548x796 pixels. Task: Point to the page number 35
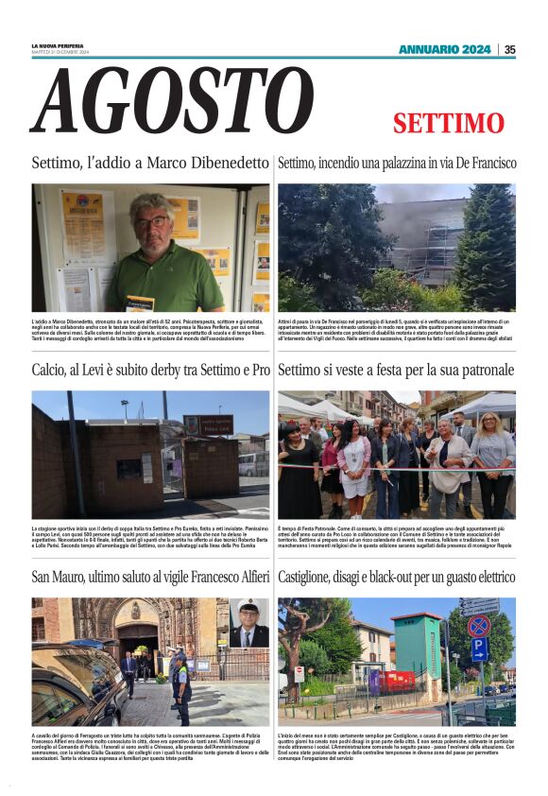[509, 49]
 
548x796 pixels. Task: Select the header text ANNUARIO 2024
[444, 49]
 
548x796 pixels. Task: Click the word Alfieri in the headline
[246, 577]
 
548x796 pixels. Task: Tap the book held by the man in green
[139, 303]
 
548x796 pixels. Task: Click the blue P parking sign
[479, 649]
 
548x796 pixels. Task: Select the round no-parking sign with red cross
[479, 626]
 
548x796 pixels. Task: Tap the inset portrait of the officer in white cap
[248, 623]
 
